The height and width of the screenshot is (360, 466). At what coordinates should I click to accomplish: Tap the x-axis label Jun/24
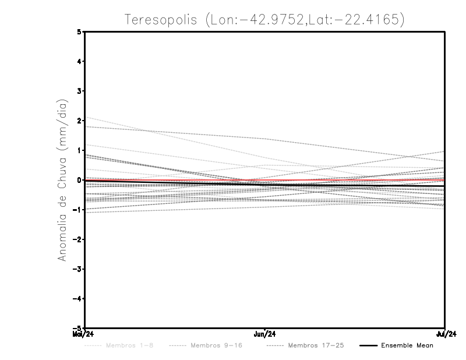265,334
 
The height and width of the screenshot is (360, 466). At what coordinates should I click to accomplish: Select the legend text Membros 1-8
129,345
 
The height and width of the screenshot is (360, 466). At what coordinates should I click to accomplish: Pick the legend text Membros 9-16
216,345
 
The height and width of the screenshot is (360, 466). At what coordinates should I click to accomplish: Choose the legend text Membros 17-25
316,345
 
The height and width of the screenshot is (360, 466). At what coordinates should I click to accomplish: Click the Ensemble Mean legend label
407,345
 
